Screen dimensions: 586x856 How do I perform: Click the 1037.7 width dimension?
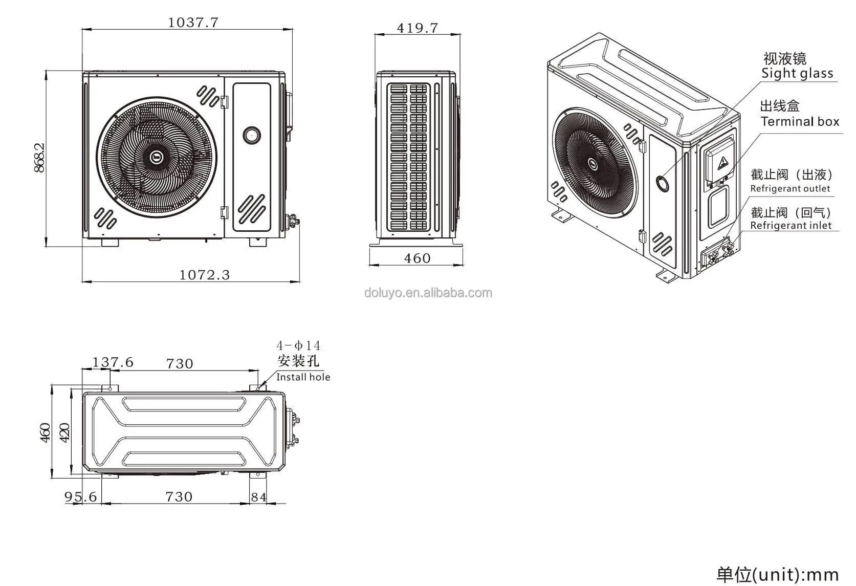pyautogui.click(x=193, y=23)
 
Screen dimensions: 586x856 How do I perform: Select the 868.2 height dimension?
pyautogui.click(x=39, y=157)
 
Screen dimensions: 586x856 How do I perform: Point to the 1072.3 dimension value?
pyautogui.click(x=204, y=275)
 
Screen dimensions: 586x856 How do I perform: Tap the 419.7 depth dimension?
pyautogui.click(x=418, y=28)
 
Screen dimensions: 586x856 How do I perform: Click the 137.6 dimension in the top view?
pyautogui.click(x=113, y=362)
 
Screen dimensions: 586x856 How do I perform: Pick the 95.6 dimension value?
pyautogui.click(x=80, y=497)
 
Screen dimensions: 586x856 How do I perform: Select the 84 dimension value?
pyautogui.click(x=259, y=497)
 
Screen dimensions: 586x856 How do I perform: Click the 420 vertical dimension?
pyautogui.click(x=64, y=433)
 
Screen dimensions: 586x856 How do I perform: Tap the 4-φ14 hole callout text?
pyautogui.click(x=299, y=346)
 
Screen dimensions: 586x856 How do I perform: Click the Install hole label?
pyautogui.click(x=303, y=377)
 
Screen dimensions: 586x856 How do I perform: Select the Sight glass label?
pyautogui.click(x=797, y=73)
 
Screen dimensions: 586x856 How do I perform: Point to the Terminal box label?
pyautogui.click(x=800, y=122)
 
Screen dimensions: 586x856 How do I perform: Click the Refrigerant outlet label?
pyautogui.click(x=790, y=189)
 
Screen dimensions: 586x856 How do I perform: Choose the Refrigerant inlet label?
pyautogui.click(x=791, y=226)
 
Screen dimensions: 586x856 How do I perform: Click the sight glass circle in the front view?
pyautogui.click(x=251, y=135)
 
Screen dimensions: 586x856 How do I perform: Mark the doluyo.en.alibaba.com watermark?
pyautogui.click(x=428, y=293)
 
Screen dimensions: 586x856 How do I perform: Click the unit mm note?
pyautogui.click(x=777, y=574)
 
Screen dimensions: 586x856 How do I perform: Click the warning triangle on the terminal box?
pyautogui.click(x=721, y=164)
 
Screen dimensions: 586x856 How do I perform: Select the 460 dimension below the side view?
pyautogui.click(x=417, y=258)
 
